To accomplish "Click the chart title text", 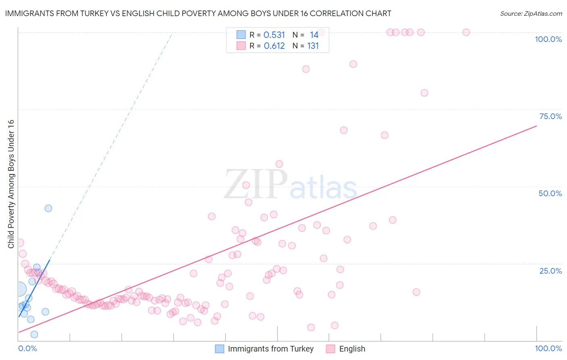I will (198, 13).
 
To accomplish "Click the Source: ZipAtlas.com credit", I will (531, 13).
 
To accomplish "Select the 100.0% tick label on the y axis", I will (548, 39).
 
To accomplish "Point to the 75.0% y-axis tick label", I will (550, 116).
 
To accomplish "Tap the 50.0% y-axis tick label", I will (550, 193).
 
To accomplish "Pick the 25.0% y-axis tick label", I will (550, 271).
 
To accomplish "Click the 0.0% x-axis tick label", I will (27, 348).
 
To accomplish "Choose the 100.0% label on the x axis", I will (548, 348).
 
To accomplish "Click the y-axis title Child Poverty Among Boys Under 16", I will (11, 184).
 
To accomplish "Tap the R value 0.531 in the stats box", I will (274, 35).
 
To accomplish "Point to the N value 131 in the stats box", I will (313, 46).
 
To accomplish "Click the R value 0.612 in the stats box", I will (274, 46).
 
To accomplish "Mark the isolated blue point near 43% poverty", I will (48, 208).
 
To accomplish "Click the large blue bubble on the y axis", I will (19, 289).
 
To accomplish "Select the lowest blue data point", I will (34, 335).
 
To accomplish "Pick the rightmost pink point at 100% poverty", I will (466, 32).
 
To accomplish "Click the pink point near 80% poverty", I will (424, 93).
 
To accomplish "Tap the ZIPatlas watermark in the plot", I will (290, 185).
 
